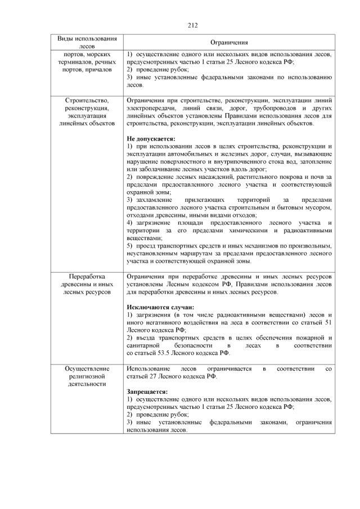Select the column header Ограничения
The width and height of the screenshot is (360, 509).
pos(229,43)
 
